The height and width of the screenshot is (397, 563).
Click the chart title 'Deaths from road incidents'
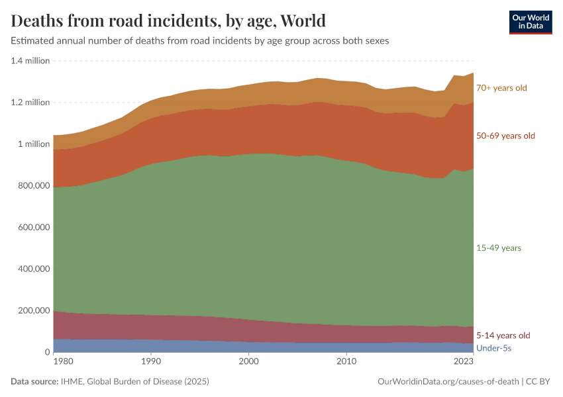tap(168, 21)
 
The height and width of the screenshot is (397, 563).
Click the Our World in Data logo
tap(530, 22)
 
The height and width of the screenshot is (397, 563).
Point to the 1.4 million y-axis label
tap(30, 61)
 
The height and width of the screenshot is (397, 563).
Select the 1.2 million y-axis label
tap(30, 103)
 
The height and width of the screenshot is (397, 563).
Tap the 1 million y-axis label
tap(33, 144)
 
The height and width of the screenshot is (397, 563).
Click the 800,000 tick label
tap(32, 186)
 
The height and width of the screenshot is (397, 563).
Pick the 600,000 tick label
tap(32, 228)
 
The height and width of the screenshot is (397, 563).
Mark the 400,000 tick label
tap(32, 269)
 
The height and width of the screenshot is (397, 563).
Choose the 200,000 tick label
tap(32, 311)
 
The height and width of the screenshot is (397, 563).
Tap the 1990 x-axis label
tap(151, 362)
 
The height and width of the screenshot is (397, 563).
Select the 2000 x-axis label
tap(248, 362)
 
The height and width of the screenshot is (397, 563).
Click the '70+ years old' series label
tap(501, 87)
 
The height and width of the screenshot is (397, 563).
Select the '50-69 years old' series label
tap(505, 136)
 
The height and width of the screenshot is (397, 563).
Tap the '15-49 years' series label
tap(499, 248)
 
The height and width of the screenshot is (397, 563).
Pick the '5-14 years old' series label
tap(503, 335)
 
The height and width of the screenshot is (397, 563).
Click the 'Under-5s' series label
tap(494, 347)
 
